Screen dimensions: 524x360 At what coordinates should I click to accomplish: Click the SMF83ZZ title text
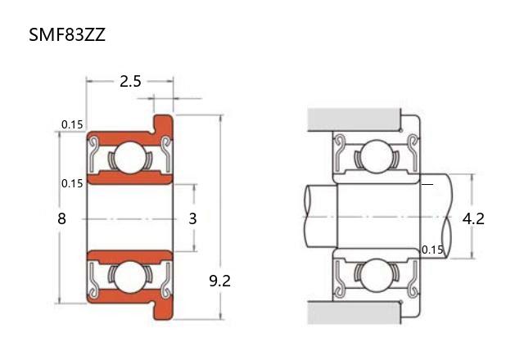67,34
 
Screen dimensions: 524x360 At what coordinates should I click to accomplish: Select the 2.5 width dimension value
130,82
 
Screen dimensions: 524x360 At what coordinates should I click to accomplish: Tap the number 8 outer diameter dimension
62,218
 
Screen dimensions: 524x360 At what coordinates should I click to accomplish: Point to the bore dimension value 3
192,218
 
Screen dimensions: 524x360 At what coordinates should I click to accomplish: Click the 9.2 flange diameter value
219,281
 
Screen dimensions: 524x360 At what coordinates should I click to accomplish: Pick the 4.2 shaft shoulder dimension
473,218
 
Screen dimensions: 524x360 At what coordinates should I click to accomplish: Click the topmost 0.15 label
72,124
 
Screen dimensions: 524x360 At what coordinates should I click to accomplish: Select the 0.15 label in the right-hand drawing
432,250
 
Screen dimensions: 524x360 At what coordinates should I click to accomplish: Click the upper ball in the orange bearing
130,158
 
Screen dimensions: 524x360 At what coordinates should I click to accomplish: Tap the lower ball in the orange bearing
130,277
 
